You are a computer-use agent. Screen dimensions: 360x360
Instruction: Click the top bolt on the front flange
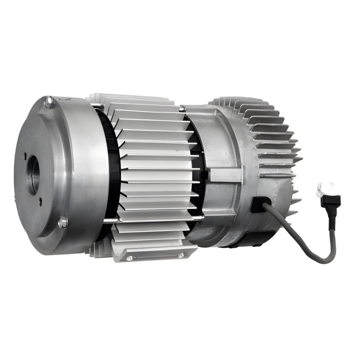tap(49, 103)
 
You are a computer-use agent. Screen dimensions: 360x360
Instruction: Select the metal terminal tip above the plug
tap(323, 185)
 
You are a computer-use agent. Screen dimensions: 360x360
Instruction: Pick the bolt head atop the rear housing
tap(182, 108)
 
